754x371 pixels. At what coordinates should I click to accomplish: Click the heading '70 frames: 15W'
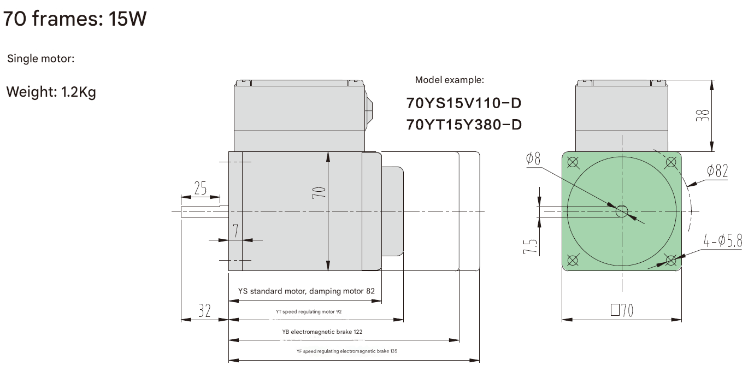(75, 20)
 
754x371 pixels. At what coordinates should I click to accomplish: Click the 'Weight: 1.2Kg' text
(51, 92)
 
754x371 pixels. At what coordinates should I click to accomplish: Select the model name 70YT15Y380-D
(464, 125)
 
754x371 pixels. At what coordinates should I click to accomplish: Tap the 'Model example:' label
(449, 80)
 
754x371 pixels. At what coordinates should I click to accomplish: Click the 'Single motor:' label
(40, 58)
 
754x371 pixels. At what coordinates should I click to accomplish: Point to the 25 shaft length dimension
(201, 189)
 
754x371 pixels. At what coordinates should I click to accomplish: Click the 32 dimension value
(204, 311)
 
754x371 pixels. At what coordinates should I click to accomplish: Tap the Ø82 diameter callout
(717, 172)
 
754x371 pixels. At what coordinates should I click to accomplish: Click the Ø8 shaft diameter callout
(533, 159)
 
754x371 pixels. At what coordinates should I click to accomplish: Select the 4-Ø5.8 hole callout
(722, 241)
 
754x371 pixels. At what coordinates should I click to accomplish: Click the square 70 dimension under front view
(622, 311)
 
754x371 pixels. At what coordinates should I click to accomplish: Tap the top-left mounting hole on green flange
(573, 162)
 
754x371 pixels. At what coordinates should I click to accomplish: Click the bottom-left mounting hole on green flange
(573, 260)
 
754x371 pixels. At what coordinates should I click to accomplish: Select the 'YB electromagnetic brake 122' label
(322, 332)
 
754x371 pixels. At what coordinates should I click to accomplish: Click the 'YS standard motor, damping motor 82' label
(306, 291)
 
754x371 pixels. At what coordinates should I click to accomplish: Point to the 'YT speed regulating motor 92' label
(309, 311)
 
